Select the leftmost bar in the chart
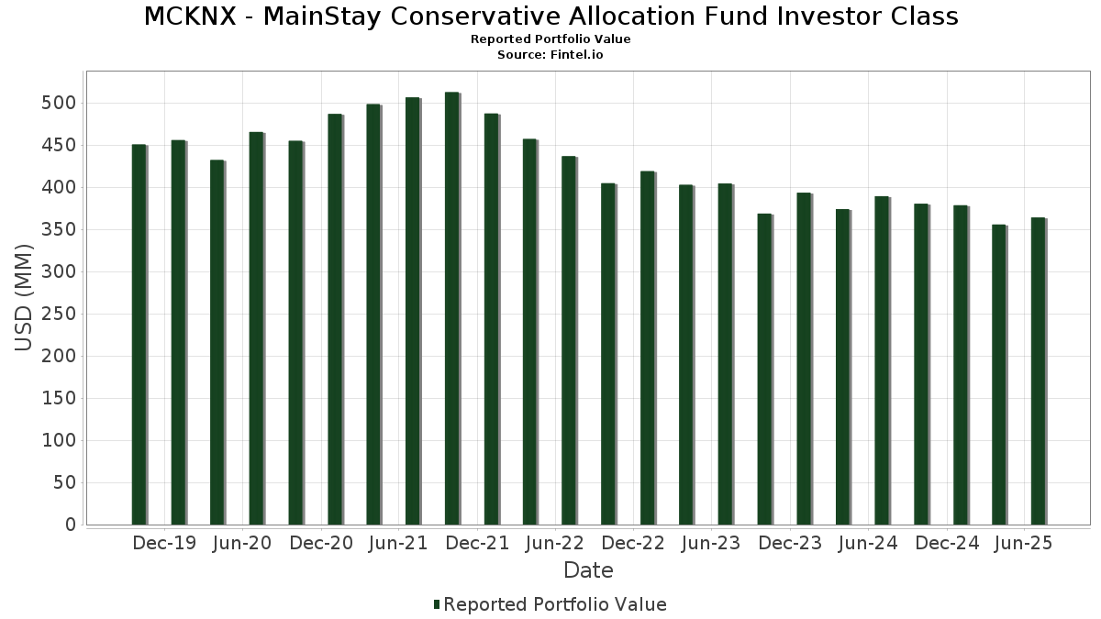139,334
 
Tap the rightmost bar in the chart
1038,370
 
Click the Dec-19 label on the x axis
164,544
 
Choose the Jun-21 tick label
398,544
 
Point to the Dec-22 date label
633,544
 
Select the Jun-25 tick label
1024,544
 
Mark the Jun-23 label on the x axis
711,544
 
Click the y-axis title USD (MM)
25,298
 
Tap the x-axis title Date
588,570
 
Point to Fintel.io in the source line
578,55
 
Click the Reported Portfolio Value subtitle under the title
550,39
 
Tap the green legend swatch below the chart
437,604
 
